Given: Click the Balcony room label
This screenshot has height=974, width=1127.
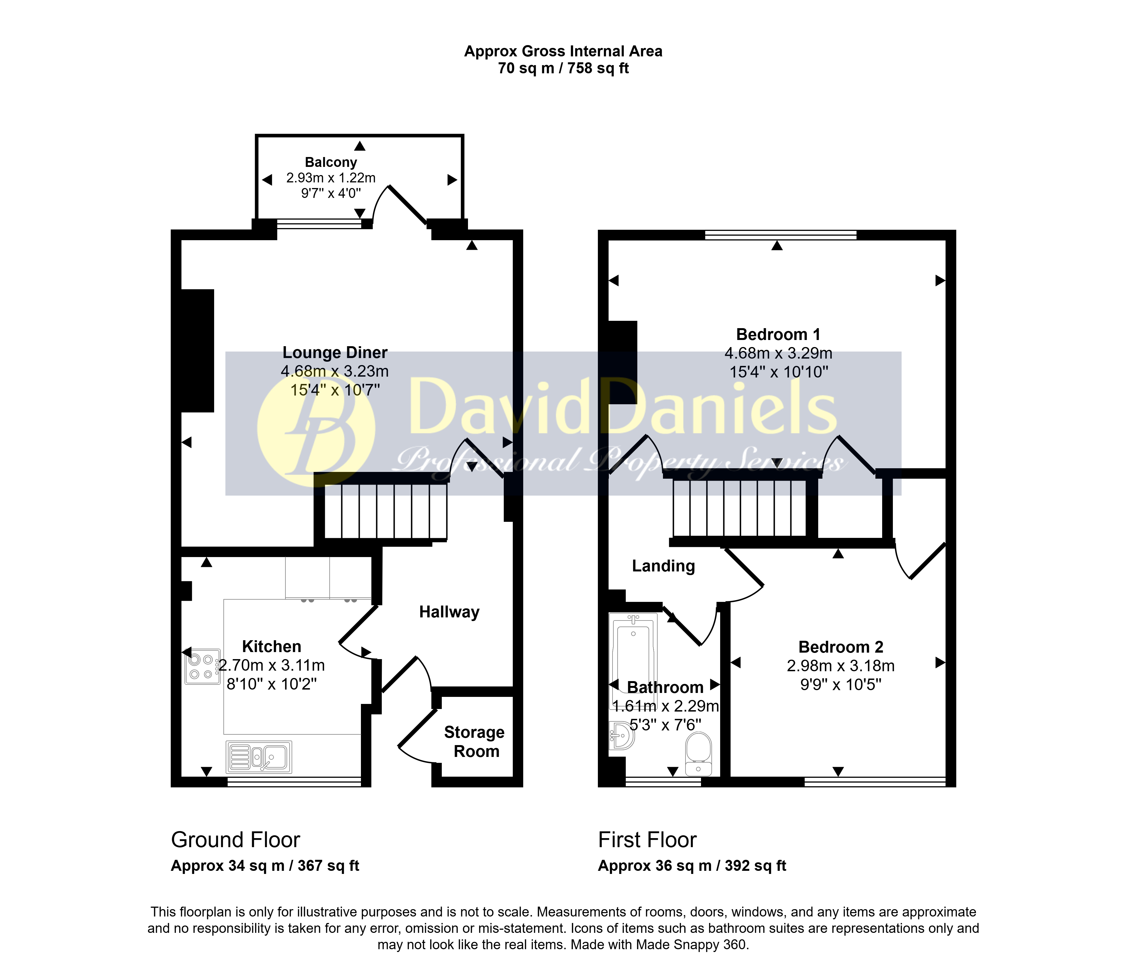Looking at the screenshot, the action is tap(331, 162).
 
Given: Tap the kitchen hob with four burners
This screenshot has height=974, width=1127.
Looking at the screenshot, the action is tap(202, 666).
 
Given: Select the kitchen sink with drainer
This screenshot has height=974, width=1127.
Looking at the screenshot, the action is tap(259, 757).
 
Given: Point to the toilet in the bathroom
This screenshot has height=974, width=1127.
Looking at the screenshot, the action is tap(698, 754).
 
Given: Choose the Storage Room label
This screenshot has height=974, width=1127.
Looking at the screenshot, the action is tap(474, 742).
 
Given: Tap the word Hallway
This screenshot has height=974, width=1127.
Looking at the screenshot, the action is tap(449, 612).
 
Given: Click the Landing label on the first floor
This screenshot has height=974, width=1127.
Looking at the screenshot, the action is tap(664, 566).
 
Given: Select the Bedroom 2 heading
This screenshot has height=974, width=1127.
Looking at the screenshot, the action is tap(841, 647).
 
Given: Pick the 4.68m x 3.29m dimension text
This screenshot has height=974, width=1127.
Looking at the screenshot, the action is tap(778, 353).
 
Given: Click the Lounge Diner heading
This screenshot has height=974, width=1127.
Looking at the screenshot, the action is tap(335, 353).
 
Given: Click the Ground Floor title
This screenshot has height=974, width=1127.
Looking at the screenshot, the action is tap(236, 840).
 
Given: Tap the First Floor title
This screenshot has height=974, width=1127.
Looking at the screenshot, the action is tap(647, 840).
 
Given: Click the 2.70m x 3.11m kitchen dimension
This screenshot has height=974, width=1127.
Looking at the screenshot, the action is tap(272, 665).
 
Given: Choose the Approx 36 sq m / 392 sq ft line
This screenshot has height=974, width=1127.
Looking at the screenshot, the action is tap(693, 866).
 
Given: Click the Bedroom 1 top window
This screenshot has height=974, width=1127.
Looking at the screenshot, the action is tap(780, 235).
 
